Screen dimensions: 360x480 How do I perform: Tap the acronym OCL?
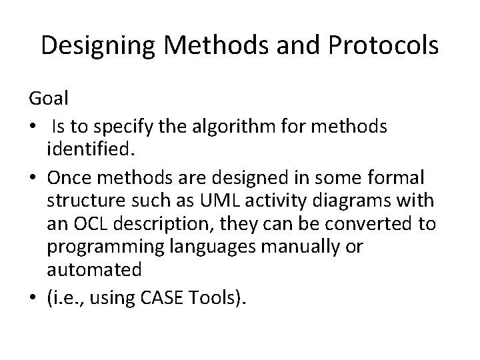click(x=89, y=223)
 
